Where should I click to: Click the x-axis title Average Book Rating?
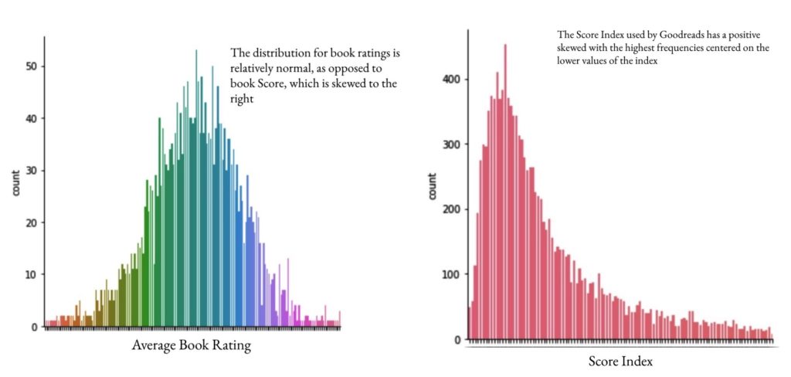tap(192, 345)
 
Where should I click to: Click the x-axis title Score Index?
tap(620, 360)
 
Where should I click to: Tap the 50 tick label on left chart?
tap(31, 66)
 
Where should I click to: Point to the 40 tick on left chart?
tap(31, 118)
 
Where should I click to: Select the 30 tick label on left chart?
tap(31, 171)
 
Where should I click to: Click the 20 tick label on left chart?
tap(31, 222)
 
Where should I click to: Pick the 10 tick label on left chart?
tap(31, 274)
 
